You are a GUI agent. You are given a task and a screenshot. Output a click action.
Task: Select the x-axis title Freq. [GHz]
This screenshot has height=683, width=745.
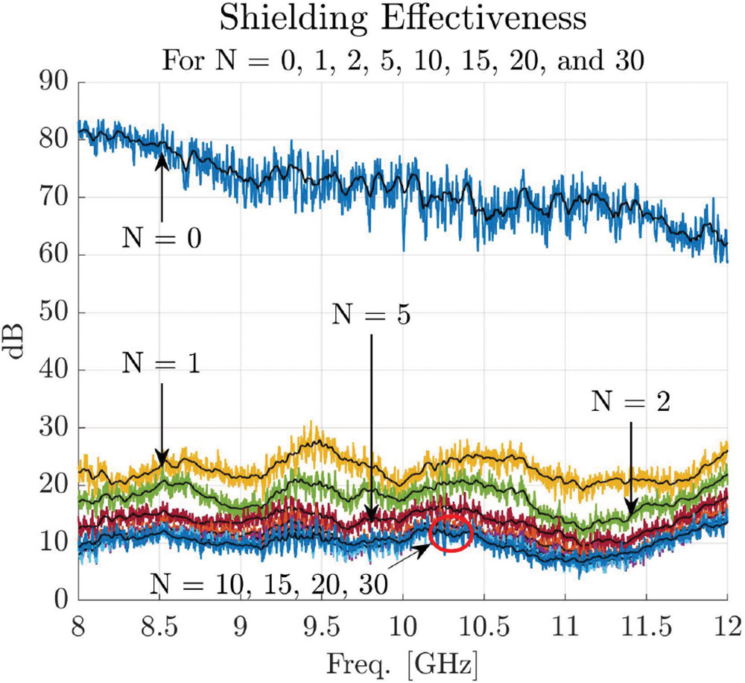pyautogui.click(x=402, y=661)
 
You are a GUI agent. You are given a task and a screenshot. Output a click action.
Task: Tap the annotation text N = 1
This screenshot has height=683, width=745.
pyautogui.click(x=161, y=365)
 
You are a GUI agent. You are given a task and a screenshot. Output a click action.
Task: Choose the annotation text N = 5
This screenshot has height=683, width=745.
pyautogui.click(x=370, y=315)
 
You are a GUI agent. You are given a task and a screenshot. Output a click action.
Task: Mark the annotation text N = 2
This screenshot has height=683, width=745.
pyautogui.click(x=632, y=402)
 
